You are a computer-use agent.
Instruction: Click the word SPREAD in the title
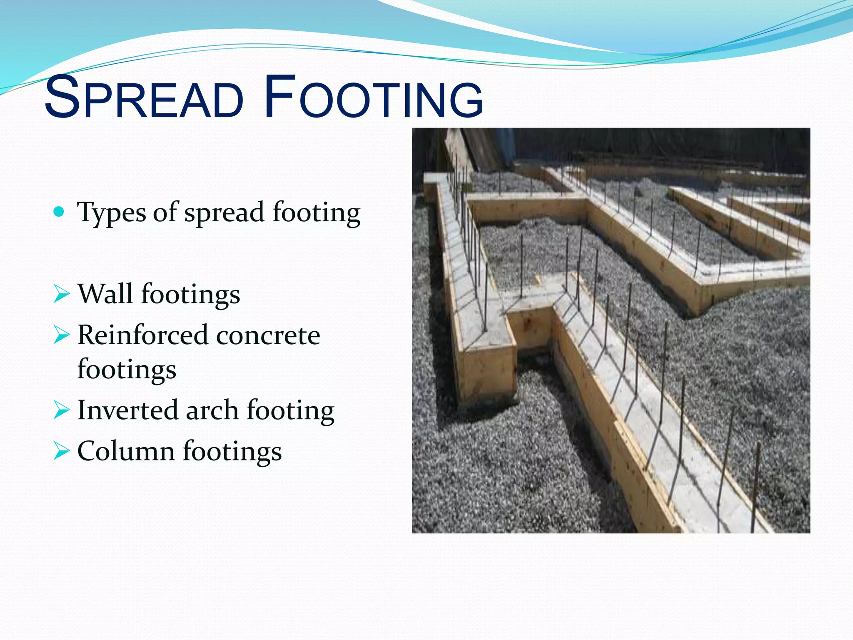[x=144, y=98]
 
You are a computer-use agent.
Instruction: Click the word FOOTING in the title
[x=373, y=98]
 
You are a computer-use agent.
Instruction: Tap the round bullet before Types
[x=60, y=212]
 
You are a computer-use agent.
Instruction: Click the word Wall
[x=105, y=294]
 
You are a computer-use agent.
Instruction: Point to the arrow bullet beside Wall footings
[x=62, y=295]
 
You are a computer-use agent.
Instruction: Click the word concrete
[x=268, y=336]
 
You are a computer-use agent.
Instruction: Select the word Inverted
[x=128, y=410]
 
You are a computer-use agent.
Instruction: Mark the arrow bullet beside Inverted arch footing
[x=62, y=410]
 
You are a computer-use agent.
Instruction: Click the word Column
[x=126, y=451]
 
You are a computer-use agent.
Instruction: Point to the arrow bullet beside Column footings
[x=62, y=451]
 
